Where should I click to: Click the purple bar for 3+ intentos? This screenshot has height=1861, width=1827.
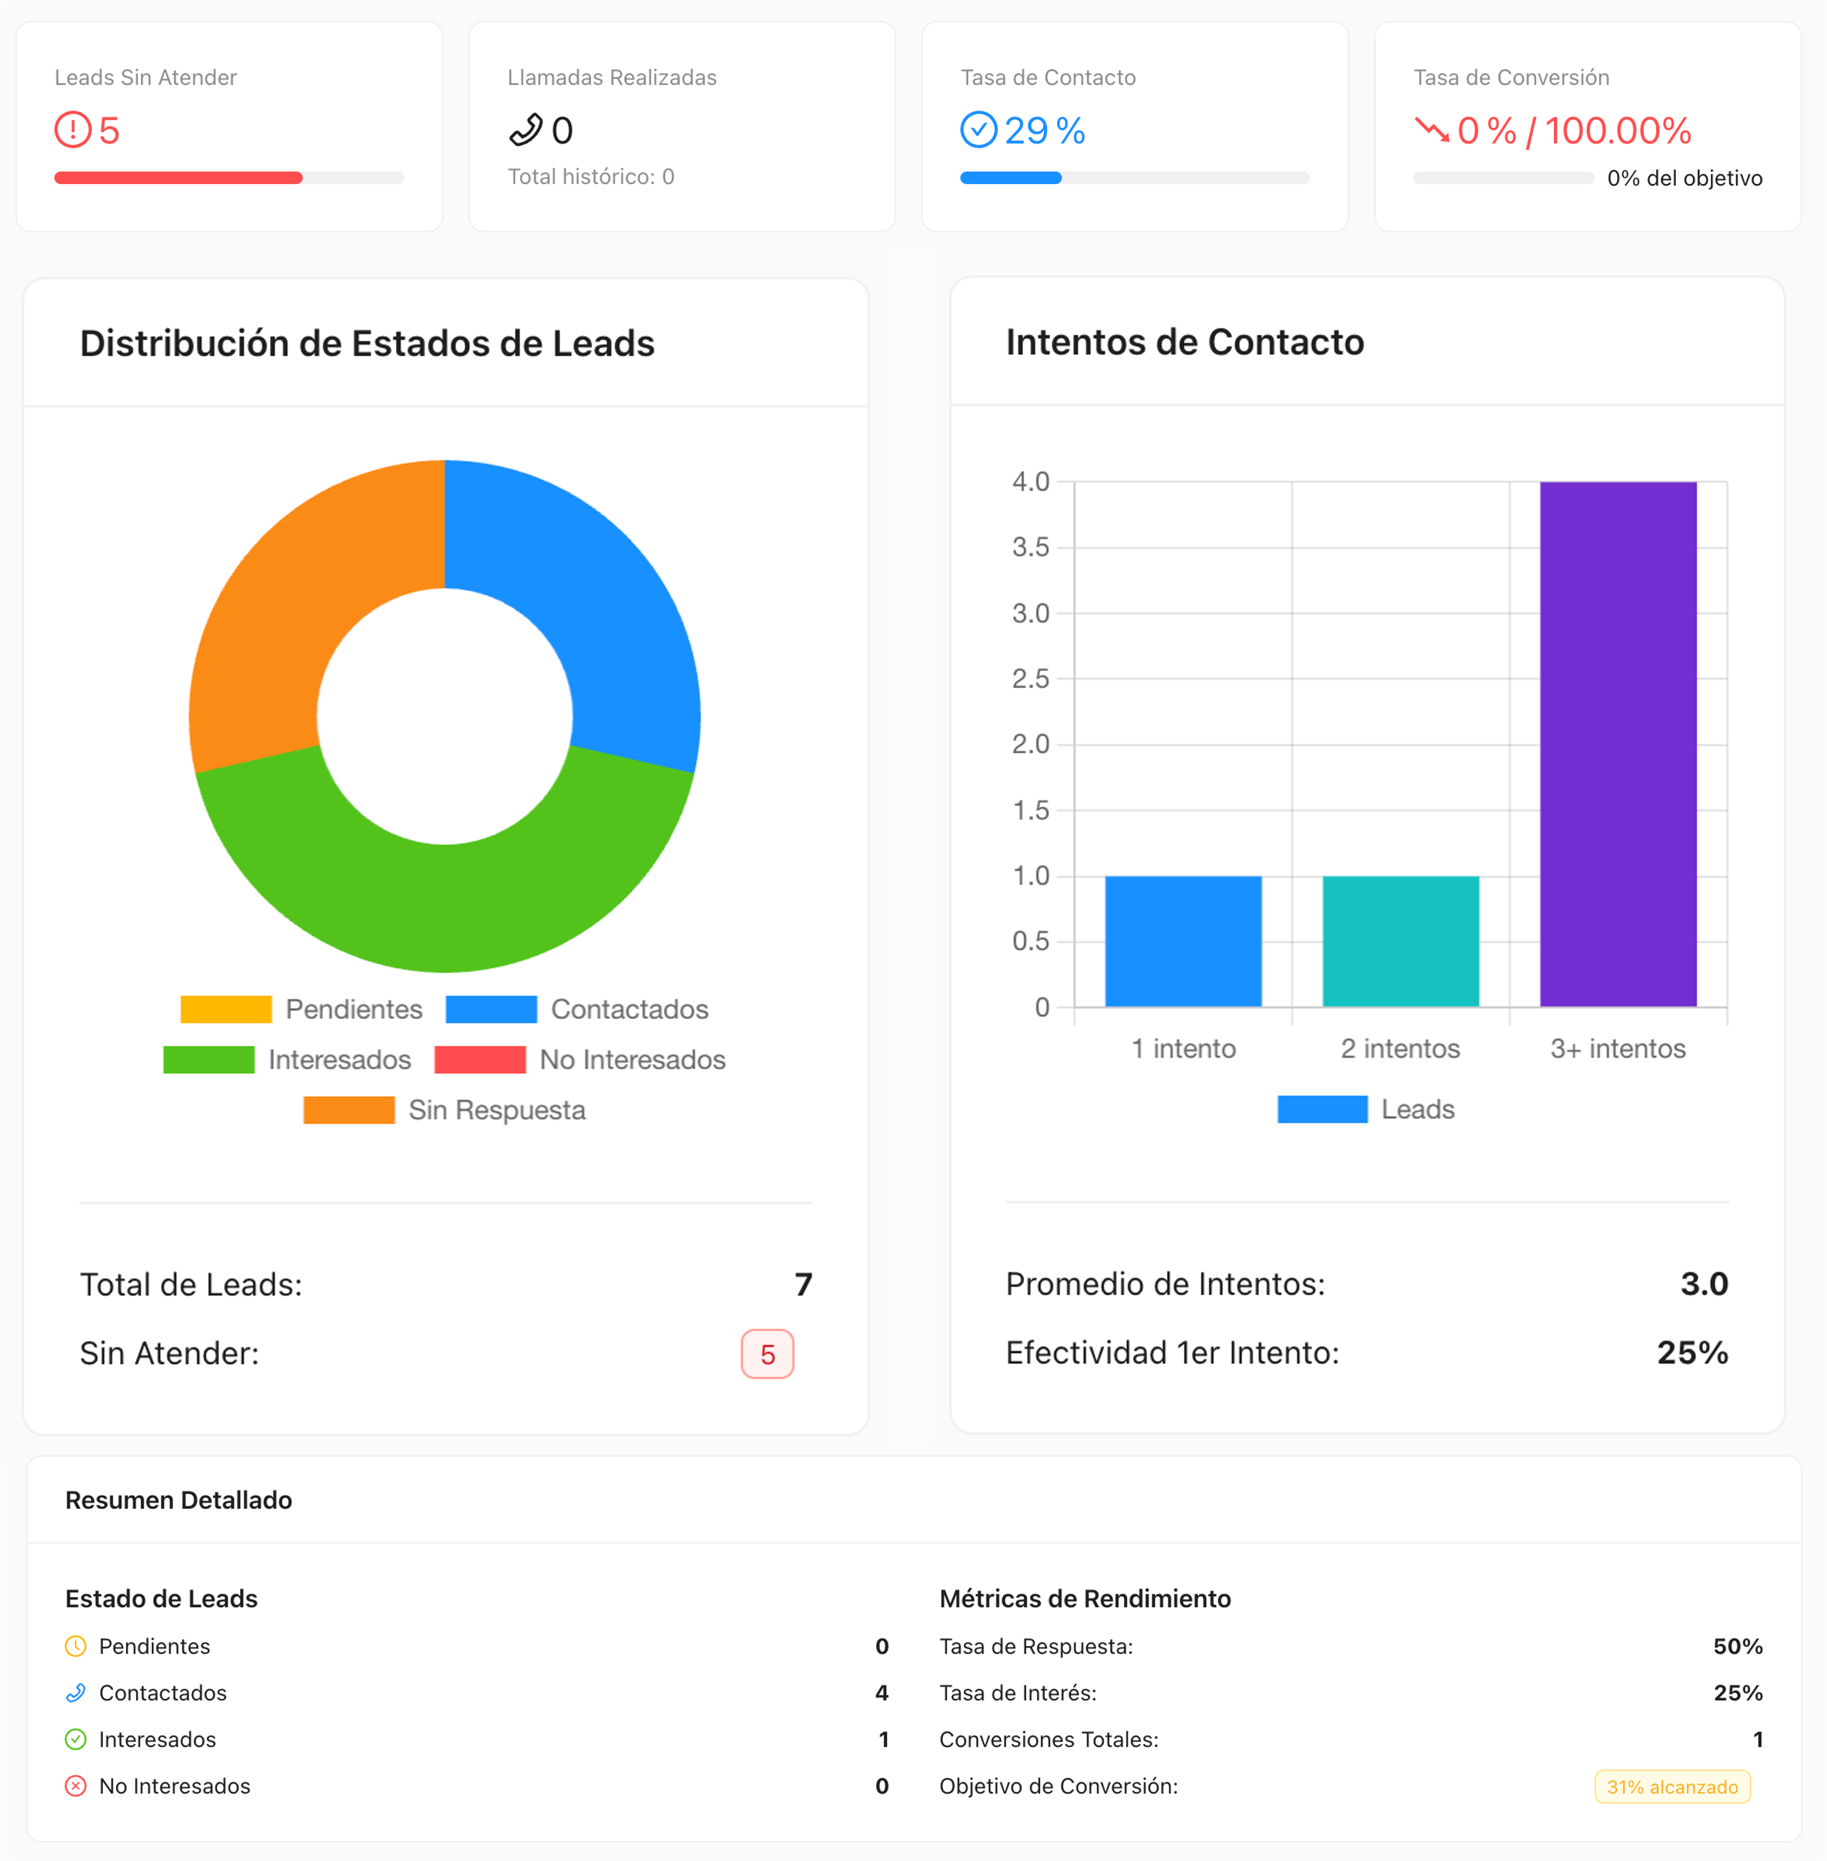(x=1618, y=744)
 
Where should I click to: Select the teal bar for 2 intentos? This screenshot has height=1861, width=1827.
(x=1400, y=941)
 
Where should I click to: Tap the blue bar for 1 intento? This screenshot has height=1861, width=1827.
(x=1183, y=941)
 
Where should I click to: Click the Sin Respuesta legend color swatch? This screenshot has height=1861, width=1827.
(x=348, y=1109)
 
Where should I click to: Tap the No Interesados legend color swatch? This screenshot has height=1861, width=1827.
(x=480, y=1060)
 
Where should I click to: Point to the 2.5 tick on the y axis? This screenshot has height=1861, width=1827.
(x=1031, y=679)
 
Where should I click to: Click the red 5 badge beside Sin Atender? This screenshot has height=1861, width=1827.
(x=767, y=1354)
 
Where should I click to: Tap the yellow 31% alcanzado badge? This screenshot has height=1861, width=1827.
(x=1671, y=1786)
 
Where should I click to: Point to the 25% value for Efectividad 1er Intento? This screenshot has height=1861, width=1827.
(x=1692, y=1353)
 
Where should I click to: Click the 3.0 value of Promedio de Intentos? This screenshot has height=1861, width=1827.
(x=1704, y=1283)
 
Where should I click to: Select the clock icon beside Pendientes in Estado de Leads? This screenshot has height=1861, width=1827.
(x=76, y=1646)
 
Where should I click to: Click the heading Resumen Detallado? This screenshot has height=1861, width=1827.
(x=178, y=1500)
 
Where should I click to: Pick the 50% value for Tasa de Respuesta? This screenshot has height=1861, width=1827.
(x=1738, y=1646)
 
